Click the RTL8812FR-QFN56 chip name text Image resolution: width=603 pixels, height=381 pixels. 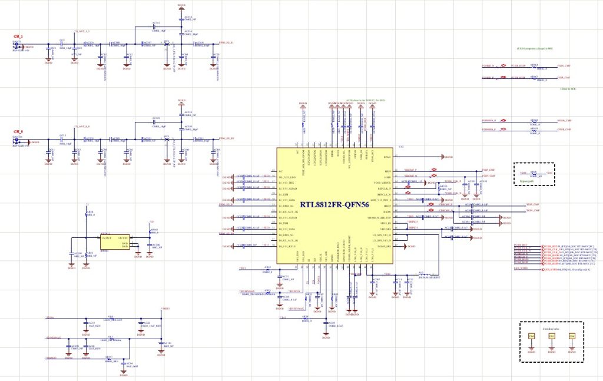click(335, 205)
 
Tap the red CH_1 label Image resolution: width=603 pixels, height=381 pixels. click(18, 37)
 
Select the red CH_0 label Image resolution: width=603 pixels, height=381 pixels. click(18, 132)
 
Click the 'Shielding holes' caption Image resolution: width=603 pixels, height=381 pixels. click(551, 329)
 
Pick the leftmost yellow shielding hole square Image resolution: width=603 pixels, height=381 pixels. click(531, 336)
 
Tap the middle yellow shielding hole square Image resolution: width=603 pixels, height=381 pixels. click(551, 336)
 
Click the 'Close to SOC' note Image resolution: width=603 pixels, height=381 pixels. click(561, 88)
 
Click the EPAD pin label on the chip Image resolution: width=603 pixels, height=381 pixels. click(387, 157)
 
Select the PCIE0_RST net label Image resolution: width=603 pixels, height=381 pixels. click(520, 244)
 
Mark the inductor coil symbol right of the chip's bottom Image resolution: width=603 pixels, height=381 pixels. click(422, 274)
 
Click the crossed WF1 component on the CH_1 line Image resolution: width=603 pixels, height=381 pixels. click(167, 44)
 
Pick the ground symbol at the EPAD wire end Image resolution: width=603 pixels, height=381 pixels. click(443, 157)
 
